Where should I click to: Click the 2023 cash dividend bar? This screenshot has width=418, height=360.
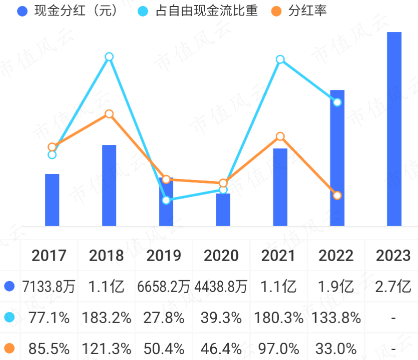[394, 129]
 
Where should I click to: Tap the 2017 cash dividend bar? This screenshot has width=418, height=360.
[52, 200]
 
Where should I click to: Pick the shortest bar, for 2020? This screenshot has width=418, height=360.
[223, 210]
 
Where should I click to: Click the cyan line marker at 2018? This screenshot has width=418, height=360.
[109, 57]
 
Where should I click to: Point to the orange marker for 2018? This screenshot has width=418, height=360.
[109, 114]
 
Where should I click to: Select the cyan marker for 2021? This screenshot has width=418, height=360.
[280, 59]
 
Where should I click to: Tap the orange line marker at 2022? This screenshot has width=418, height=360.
[337, 195]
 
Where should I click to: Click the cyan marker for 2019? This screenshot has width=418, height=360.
[166, 200]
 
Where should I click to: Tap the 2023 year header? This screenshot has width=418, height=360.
[393, 256]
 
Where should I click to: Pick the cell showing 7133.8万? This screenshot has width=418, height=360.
[49, 287]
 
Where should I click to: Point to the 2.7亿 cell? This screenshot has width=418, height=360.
[393, 287]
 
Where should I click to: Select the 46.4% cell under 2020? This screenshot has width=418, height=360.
[221, 348]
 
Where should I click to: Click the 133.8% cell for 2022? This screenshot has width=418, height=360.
[336, 317]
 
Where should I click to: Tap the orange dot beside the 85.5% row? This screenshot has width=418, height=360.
[9, 348]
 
